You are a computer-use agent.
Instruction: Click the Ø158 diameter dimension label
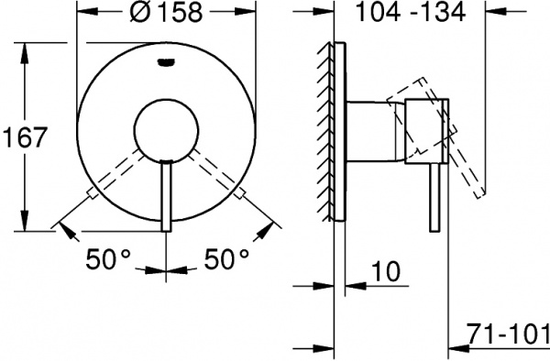(x=166, y=12)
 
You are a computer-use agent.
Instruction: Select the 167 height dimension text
(x=24, y=137)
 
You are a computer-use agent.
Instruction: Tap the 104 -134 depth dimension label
(x=411, y=12)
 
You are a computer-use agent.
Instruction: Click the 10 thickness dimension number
(x=385, y=271)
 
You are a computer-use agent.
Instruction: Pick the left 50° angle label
(x=108, y=259)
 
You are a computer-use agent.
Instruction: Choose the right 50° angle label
(x=226, y=259)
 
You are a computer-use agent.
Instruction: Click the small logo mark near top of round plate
(x=166, y=62)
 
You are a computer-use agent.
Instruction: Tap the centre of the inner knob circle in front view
(x=166, y=131)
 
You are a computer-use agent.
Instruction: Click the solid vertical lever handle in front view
(x=166, y=195)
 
